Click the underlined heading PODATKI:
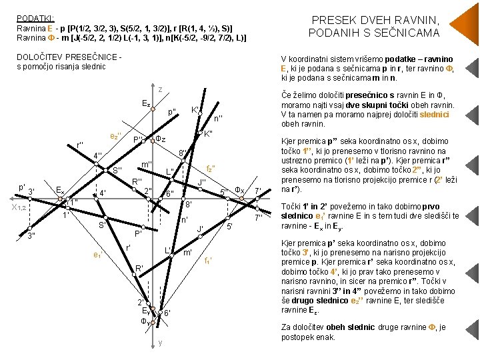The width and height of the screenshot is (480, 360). pyautogui.click(x=35, y=19)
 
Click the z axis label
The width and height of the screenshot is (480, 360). pyautogui.click(x=160, y=89)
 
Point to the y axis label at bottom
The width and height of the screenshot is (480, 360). pyautogui.click(x=160, y=342)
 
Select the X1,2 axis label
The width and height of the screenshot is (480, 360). pyautogui.click(x=19, y=207)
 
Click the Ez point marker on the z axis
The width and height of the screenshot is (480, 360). pyautogui.click(x=153, y=109)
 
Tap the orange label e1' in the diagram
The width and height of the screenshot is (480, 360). pyautogui.click(x=97, y=255)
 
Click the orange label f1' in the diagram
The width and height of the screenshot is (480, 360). pyautogui.click(x=208, y=261)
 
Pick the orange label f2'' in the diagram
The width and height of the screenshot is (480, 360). pyautogui.click(x=210, y=169)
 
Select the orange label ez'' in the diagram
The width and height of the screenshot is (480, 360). pyautogui.click(x=115, y=136)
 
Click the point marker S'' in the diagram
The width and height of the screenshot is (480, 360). pyautogui.click(x=105, y=170)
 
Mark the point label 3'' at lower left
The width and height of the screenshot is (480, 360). pyautogui.click(x=31, y=236)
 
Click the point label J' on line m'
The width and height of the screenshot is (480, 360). pyautogui.click(x=200, y=229)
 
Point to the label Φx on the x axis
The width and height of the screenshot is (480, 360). pyautogui.click(x=239, y=190)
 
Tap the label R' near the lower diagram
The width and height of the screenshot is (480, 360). pyautogui.click(x=139, y=268)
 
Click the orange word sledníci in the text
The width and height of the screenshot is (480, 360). pyautogui.click(x=434, y=115)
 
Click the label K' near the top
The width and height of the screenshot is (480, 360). pyautogui.click(x=195, y=109)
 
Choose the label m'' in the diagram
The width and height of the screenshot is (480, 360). pyautogui.click(x=147, y=165)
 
